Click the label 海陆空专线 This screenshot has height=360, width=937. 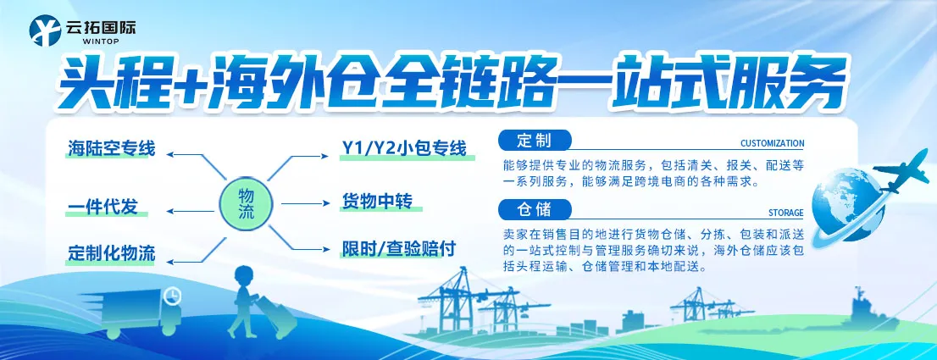point(111,150)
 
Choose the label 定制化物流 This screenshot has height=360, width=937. point(111,252)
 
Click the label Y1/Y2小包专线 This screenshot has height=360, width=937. point(404,150)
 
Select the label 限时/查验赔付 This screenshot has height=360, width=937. point(399,249)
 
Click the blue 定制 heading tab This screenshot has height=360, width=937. point(536,140)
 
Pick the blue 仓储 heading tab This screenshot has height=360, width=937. point(536,208)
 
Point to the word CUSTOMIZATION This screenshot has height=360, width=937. point(772,144)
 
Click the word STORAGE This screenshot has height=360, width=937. point(786,213)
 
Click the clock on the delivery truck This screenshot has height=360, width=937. point(173,296)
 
